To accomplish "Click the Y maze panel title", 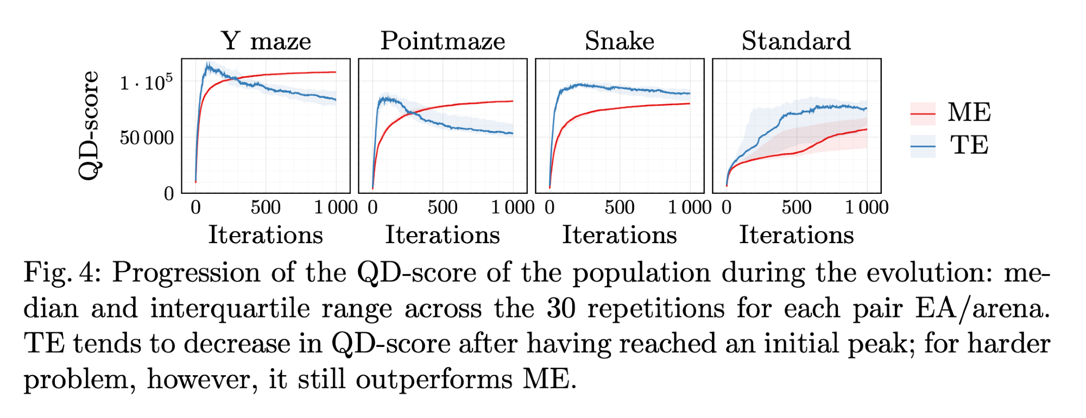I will (x=266, y=41).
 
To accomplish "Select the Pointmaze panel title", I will (x=443, y=41).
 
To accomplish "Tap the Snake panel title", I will (x=620, y=41).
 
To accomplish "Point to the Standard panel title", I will (x=796, y=41).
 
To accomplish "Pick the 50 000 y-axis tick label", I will (x=147, y=138).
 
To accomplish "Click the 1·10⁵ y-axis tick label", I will (x=146, y=83).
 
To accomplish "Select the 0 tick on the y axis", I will (x=169, y=194).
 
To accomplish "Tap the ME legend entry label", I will (x=969, y=113).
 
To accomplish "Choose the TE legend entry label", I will (x=969, y=145).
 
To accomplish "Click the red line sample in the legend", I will (x=923, y=113).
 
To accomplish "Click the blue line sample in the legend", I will (x=923, y=146).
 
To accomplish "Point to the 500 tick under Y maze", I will (x=266, y=207).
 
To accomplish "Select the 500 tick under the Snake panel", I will (x=620, y=207).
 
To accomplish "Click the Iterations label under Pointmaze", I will (x=443, y=235).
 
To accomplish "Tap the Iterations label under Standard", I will (x=796, y=235).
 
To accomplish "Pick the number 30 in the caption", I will (x=561, y=308).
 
